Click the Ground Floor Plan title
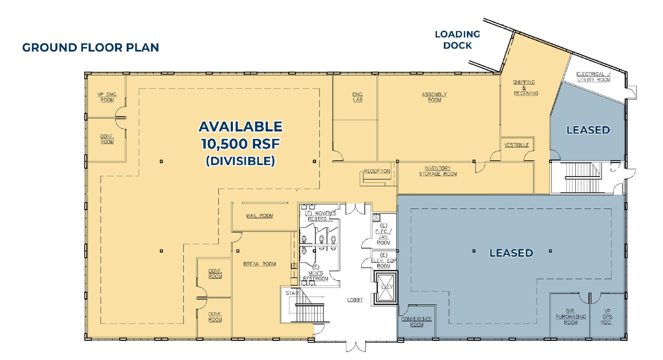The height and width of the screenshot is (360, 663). (x=91, y=48)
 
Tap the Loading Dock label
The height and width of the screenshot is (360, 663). (x=457, y=40)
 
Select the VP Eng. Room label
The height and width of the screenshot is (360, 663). (x=107, y=97)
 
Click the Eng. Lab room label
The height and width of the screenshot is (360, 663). (x=358, y=97)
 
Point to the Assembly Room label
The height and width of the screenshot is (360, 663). (x=434, y=97)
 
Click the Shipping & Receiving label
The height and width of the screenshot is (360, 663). (x=524, y=87)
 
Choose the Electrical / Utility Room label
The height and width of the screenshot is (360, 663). (x=593, y=77)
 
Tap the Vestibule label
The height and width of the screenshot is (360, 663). (x=516, y=145)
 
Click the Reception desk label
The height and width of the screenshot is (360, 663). (x=376, y=171)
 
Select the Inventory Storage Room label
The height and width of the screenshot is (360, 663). (x=438, y=171)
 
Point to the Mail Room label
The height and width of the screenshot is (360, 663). (x=259, y=216)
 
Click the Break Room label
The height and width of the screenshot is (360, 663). (x=259, y=264)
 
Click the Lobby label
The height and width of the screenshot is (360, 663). (x=355, y=300)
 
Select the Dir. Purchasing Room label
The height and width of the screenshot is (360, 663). (x=570, y=317)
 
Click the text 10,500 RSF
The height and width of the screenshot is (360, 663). (x=240, y=144)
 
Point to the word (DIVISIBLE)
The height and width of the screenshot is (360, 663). (x=240, y=161)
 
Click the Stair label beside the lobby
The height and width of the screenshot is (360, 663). (x=292, y=293)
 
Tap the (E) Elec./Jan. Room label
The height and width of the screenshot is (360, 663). (x=383, y=234)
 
